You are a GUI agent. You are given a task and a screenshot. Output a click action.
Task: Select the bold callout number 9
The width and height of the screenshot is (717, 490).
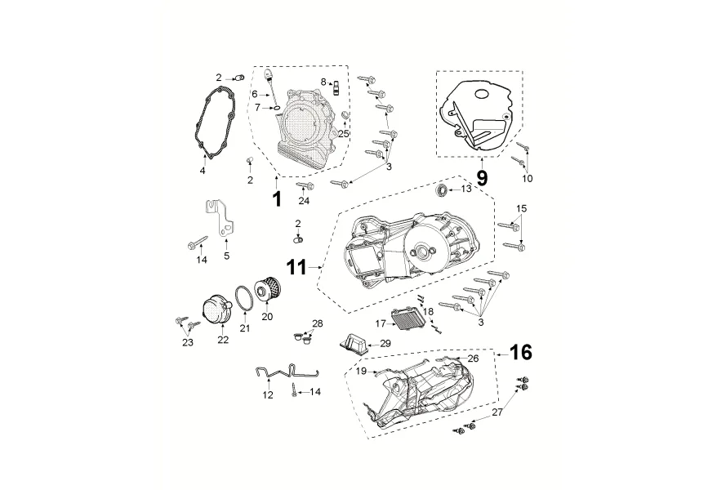(x=482, y=177)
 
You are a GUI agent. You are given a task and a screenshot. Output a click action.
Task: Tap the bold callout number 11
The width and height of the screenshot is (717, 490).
(x=296, y=266)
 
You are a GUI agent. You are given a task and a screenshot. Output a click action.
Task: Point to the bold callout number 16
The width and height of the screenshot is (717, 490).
(x=521, y=352)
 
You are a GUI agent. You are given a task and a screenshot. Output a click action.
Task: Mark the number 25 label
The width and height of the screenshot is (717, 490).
(x=344, y=133)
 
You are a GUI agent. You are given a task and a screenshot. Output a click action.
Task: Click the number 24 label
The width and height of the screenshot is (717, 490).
(x=304, y=200)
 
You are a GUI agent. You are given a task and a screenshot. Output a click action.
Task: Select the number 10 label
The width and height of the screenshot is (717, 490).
(x=527, y=178)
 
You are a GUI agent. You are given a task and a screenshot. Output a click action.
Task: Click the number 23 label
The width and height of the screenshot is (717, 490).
(x=188, y=343)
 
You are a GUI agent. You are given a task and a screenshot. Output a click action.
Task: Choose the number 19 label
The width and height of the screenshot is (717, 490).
(x=360, y=371)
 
